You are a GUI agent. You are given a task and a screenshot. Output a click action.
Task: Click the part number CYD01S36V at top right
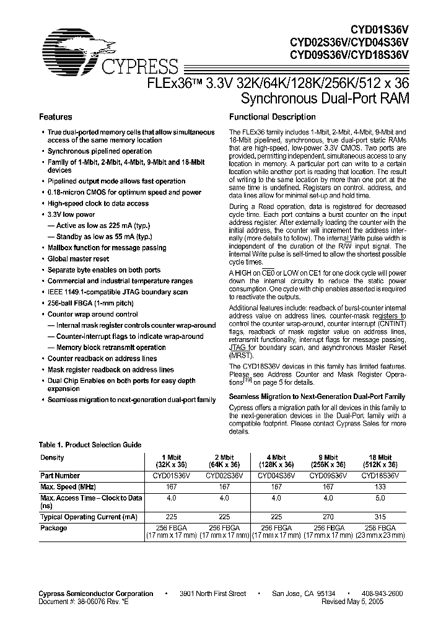(x=378, y=29)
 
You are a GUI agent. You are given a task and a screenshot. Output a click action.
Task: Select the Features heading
(x=56, y=117)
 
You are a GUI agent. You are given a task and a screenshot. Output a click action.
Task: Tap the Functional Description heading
(x=273, y=117)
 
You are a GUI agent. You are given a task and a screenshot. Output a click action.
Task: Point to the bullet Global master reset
(x=78, y=259)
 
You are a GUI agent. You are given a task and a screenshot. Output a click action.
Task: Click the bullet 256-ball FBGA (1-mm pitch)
(x=89, y=303)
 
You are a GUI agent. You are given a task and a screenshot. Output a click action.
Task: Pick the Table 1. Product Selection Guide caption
(x=90, y=445)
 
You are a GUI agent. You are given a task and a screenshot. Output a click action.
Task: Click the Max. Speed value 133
(x=380, y=487)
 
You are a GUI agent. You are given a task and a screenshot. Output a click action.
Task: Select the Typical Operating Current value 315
(x=380, y=517)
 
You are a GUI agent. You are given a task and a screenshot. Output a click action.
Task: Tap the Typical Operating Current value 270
(x=328, y=517)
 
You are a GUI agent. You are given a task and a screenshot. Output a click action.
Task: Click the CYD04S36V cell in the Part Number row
(x=276, y=476)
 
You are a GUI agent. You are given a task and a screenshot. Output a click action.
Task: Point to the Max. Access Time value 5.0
(x=380, y=498)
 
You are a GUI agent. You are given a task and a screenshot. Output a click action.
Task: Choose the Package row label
(x=53, y=528)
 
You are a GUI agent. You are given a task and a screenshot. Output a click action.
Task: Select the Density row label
(x=52, y=457)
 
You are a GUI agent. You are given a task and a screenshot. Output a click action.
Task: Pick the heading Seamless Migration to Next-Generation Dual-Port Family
(x=317, y=397)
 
